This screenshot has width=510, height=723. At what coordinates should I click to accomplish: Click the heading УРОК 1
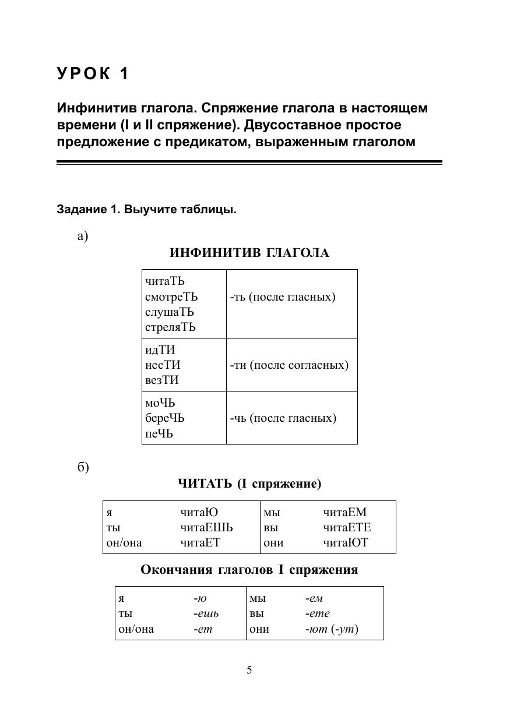93,74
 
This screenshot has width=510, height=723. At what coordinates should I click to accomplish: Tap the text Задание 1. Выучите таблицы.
146,210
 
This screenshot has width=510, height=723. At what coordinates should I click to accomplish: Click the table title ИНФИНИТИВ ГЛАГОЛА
249,253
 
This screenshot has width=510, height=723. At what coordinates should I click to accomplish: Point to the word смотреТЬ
171,297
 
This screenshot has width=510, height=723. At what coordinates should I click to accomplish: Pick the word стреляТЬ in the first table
170,327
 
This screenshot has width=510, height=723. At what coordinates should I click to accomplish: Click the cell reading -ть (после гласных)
283,297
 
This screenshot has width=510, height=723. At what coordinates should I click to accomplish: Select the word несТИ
163,365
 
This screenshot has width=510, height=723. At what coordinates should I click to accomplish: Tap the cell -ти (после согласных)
289,365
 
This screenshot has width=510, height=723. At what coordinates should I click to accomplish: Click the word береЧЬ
165,418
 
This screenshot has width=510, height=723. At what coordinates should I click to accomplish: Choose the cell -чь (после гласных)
283,418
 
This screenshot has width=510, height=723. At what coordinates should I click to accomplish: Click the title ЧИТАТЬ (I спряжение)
249,484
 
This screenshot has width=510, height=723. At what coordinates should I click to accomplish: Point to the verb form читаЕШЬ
206,528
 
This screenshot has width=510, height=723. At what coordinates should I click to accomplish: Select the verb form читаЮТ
346,543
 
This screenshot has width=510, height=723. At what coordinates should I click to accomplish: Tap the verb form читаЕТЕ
347,528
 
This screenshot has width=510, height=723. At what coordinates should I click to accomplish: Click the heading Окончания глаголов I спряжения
249,570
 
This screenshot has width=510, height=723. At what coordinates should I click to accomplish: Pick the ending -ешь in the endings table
206,613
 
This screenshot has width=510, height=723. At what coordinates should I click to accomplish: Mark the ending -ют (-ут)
331,629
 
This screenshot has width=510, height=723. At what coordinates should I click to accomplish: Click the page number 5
249,670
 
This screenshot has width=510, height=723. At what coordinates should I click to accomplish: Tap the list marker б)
83,468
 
